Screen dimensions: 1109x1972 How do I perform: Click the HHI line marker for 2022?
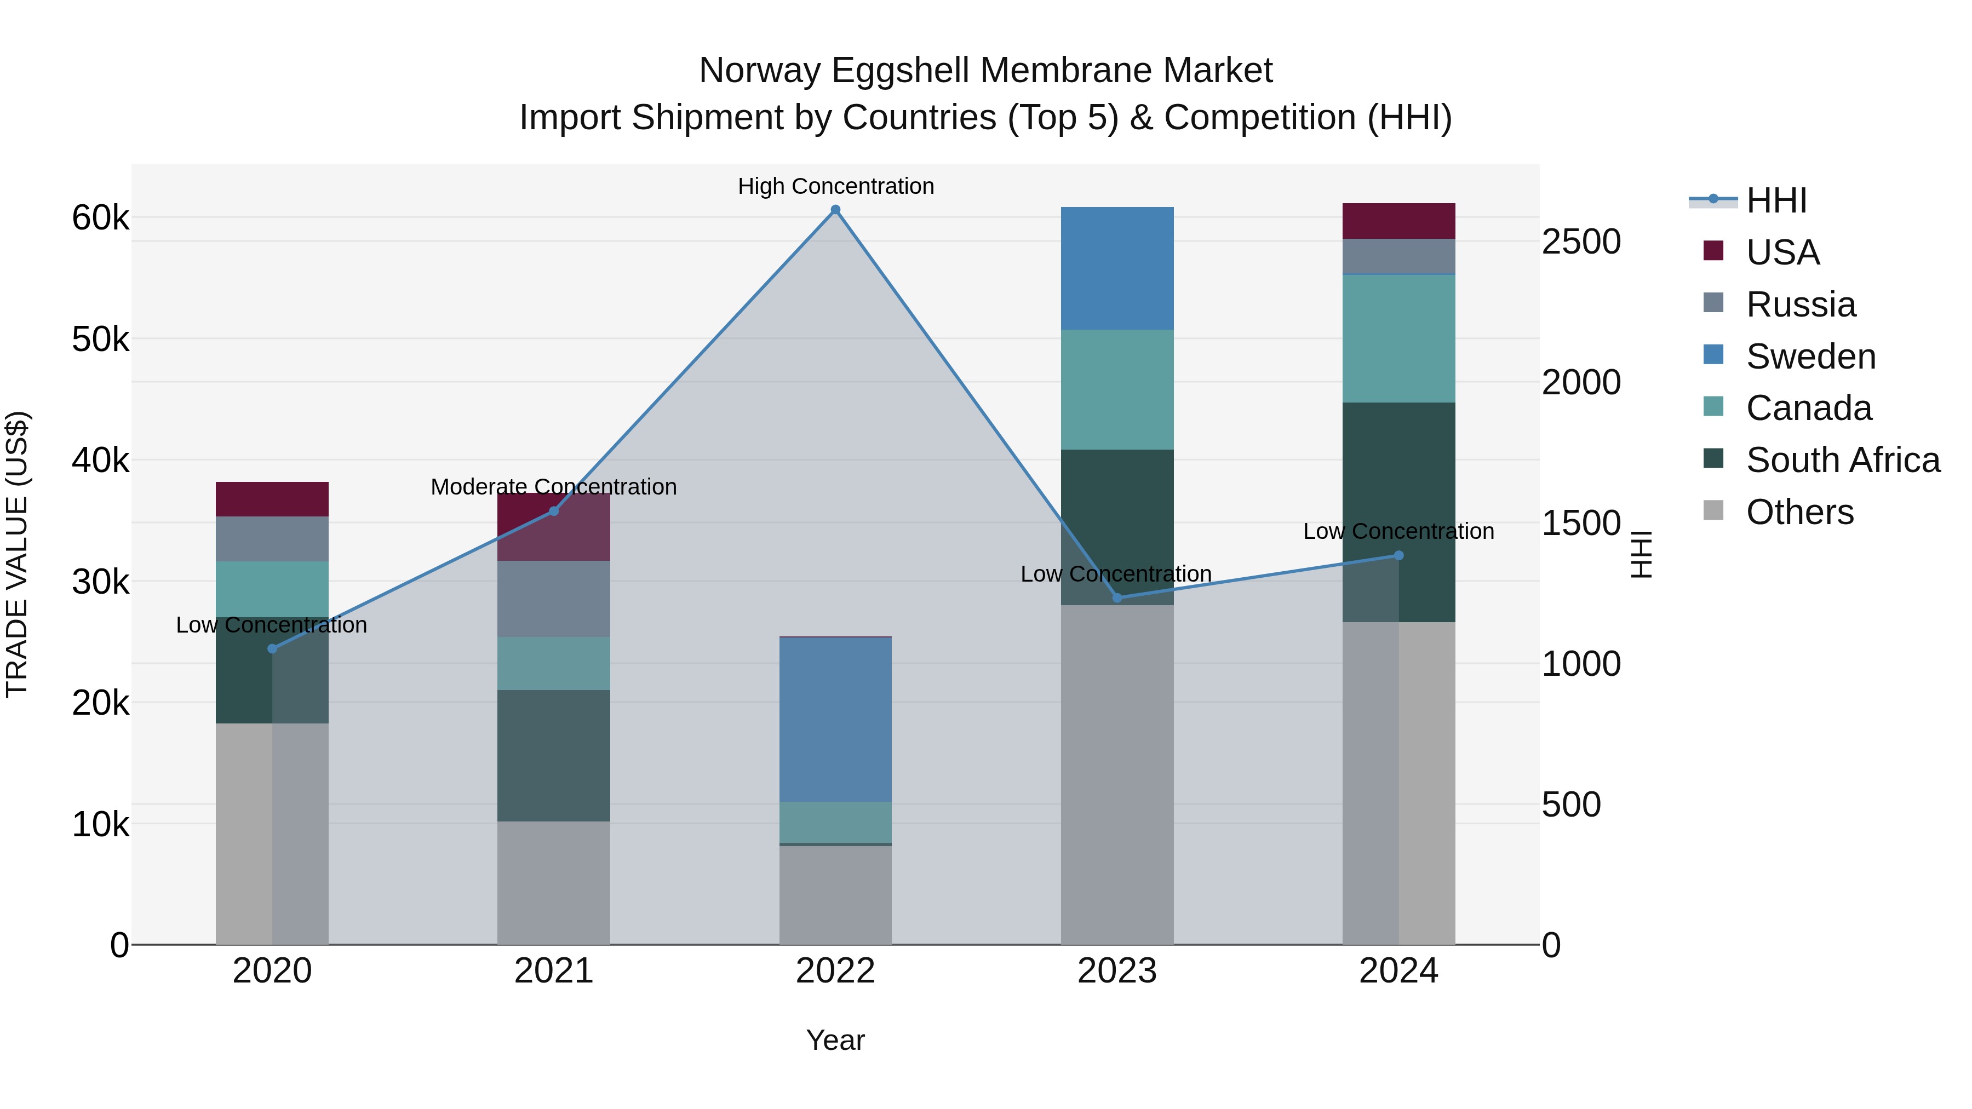pos(835,210)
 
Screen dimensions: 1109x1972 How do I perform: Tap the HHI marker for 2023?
pos(1117,597)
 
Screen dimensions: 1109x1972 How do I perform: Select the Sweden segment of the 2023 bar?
pos(1117,268)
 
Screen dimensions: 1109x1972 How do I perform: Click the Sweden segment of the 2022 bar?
pos(835,720)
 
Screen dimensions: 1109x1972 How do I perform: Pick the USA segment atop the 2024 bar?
pos(1398,221)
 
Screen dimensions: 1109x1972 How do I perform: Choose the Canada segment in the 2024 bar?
pos(1398,338)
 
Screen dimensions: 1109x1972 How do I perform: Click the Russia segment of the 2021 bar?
pos(553,599)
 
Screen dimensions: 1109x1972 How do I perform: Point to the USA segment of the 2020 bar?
pos(272,499)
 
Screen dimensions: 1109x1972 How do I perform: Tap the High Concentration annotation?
pos(835,187)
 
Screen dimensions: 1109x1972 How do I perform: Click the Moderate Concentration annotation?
pos(553,487)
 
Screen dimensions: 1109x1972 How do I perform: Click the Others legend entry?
pos(1799,513)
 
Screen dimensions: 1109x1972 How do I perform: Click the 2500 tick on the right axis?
pos(1581,243)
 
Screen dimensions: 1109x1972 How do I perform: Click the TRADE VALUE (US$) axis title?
pos(18,554)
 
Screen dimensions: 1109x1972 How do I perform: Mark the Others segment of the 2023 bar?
pos(1117,773)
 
